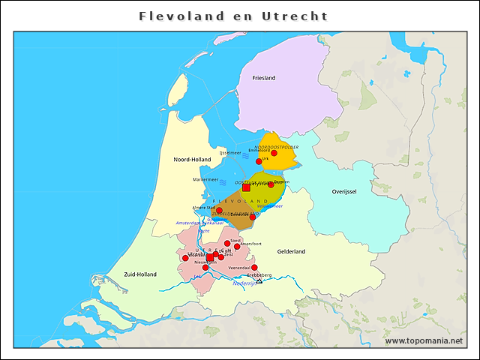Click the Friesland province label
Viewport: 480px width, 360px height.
coord(264,78)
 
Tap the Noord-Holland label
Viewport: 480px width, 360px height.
coord(192,160)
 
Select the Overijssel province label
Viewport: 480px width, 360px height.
coord(348,192)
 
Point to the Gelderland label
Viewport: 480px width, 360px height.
coord(291,252)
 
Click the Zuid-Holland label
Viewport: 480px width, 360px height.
coord(140,274)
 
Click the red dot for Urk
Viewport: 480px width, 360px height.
coord(259,161)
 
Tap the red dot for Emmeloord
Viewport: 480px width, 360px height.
coord(274,153)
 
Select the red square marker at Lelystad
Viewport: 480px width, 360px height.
coord(246,187)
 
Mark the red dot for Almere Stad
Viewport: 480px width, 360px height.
coord(219,211)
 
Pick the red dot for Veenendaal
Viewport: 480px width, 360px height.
coord(254,268)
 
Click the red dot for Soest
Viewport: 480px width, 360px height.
coord(227,243)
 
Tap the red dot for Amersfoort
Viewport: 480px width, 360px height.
coord(237,247)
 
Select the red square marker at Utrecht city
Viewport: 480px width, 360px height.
coord(211,257)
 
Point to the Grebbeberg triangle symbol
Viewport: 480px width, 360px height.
coord(259,280)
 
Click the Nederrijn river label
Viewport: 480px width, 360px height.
coord(244,283)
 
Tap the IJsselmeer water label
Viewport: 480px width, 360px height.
coord(230,153)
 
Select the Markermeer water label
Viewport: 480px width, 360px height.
coord(205,180)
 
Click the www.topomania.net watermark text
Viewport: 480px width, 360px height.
coord(424,341)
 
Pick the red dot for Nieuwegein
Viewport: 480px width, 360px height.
coord(205,268)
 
